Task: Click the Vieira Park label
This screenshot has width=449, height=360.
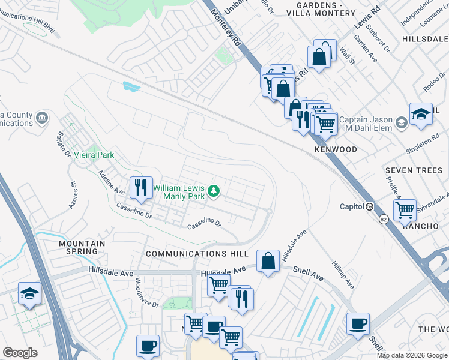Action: [94, 155]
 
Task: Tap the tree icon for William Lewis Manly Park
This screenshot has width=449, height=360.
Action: [213, 191]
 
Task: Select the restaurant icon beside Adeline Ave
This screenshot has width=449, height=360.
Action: [140, 187]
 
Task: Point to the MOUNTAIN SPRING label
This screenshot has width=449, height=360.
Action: [82, 247]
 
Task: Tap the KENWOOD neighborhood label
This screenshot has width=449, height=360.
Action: [336, 149]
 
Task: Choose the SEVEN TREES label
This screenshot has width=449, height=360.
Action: [414, 170]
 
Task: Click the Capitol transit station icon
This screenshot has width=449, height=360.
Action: [370, 206]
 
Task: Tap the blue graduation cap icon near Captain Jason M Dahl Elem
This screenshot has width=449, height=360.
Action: [421, 114]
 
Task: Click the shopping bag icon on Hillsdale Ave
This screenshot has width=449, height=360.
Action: [268, 262]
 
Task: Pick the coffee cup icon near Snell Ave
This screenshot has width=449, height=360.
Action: [358, 324]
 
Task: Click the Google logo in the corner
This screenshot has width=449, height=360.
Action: [20, 353]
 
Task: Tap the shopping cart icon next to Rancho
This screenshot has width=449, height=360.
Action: [405, 210]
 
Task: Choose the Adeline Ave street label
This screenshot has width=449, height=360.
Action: [111, 184]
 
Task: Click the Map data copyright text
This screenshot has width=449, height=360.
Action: [411, 355]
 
